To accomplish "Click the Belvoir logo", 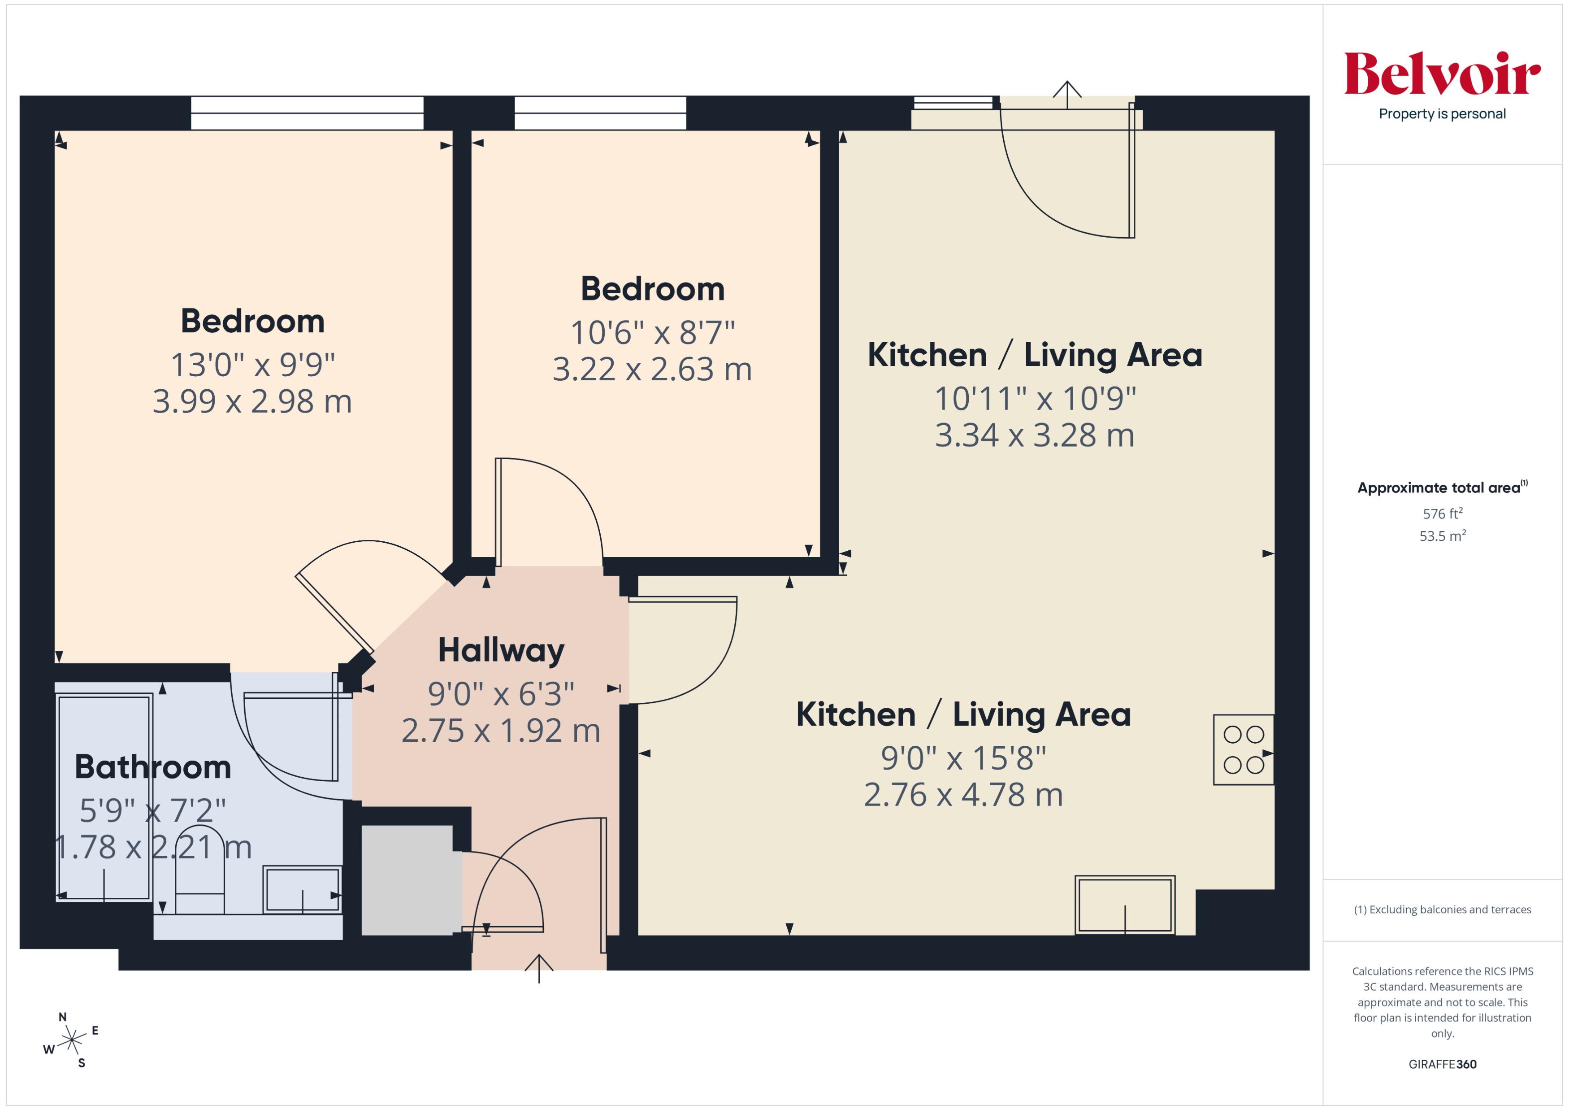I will click(1442, 74).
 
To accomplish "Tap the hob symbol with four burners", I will click(1243, 749).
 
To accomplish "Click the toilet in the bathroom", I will click(199, 871).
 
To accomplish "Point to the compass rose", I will click(71, 1041).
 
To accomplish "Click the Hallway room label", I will click(501, 650).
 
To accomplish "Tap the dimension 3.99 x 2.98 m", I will click(251, 401).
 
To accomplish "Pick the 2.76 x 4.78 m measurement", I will click(963, 794).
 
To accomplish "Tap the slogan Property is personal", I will click(1442, 114).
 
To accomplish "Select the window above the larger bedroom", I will click(307, 113).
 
